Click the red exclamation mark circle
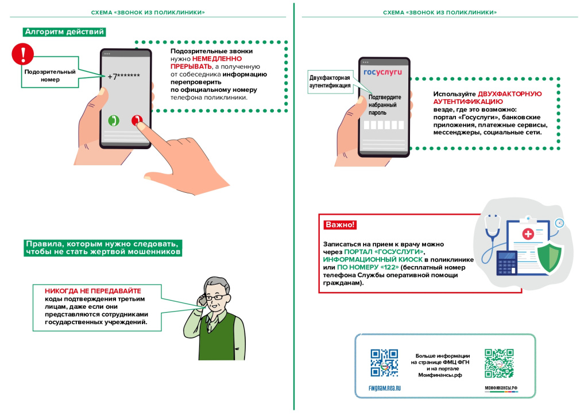click(23, 55)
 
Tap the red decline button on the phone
click(137, 120)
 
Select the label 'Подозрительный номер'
click(50, 76)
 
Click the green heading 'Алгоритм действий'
click(64, 32)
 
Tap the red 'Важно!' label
click(340, 224)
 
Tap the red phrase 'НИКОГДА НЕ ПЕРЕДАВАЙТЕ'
click(93, 291)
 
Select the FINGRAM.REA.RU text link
click(384, 388)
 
